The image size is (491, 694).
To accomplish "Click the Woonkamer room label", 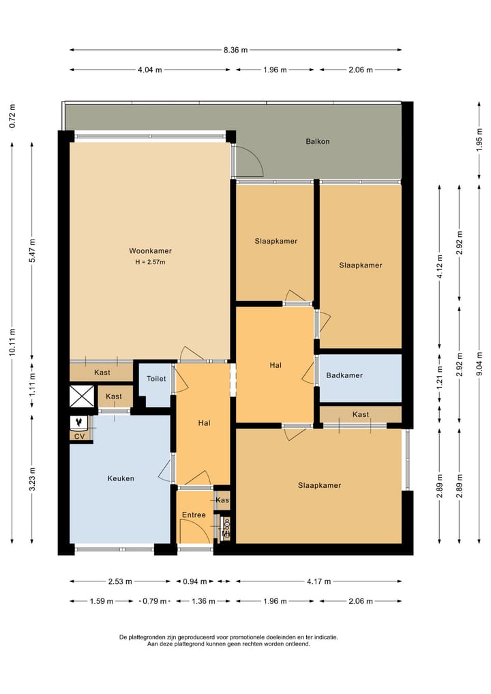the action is click(150, 251).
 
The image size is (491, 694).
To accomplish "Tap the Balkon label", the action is click(318, 142).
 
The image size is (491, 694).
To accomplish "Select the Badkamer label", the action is click(344, 375).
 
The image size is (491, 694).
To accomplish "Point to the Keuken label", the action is click(121, 478).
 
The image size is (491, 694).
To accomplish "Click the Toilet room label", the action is click(156, 379).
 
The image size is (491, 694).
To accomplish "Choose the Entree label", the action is click(194, 515).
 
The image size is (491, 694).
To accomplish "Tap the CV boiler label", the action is click(80, 437).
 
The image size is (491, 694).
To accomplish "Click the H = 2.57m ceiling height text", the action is click(150, 262).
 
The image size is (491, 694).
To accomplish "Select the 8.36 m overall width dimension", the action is click(235, 50).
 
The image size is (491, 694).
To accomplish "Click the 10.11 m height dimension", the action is click(13, 342).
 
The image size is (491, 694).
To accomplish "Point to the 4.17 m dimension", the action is click(318, 581).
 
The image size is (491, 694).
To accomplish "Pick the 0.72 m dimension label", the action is click(13, 117).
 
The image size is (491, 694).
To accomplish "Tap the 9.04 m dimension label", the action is click(479, 364).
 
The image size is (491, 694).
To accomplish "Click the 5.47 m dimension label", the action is click(32, 250).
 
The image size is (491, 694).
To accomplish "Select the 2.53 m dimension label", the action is click(120, 581).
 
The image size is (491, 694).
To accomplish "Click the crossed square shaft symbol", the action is click(83, 396).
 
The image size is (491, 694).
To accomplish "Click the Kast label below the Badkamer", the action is click(361, 415).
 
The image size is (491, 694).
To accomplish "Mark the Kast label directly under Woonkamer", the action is click(102, 373).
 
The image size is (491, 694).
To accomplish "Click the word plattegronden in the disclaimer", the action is click(144, 637).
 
